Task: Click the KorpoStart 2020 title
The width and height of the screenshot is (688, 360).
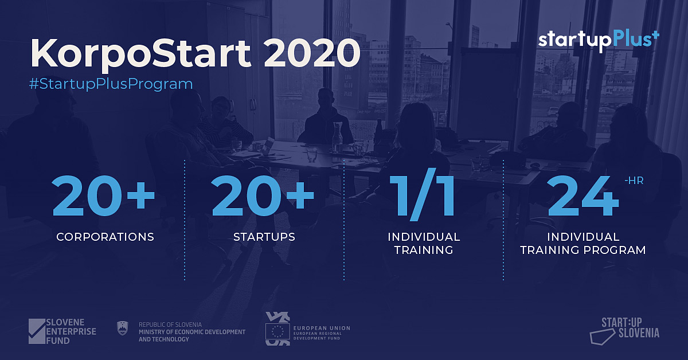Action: tap(196, 53)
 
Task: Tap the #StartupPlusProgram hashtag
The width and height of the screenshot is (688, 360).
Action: tap(111, 84)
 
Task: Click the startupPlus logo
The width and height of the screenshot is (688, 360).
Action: tap(599, 41)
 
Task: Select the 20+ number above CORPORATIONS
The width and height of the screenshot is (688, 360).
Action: tap(103, 195)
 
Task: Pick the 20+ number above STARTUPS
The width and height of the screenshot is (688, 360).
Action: tap(263, 195)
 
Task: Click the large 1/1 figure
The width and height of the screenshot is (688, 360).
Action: tap(422, 194)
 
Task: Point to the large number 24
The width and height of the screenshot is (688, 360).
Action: tap(583, 195)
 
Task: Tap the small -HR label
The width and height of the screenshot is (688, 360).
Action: tap(634, 181)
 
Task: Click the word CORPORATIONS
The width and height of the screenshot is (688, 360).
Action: tap(105, 237)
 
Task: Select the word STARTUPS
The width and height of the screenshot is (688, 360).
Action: tap(264, 237)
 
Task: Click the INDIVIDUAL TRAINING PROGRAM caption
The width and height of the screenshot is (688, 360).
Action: tap(583, 243)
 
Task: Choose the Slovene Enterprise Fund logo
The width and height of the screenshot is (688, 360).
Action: tap(62, 331)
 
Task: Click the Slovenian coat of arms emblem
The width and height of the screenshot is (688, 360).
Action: tap(123, 328)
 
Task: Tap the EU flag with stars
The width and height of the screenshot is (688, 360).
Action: tap(277, 331)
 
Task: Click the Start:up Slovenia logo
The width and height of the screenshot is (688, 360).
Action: tap(625, 331)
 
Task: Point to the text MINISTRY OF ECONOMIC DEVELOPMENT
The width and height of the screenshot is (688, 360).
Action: tap(192, 332)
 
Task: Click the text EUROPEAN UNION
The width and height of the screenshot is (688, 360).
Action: tap(322, 328)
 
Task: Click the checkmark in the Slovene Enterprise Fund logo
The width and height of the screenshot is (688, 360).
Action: tap(37, 331)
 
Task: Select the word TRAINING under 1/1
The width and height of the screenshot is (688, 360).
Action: tap(424, 250)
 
